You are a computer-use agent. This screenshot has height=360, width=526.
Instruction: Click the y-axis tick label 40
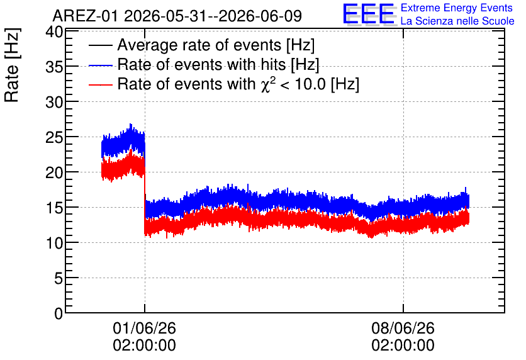(54, 33)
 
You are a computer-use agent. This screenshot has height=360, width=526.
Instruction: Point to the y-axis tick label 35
(54, 67)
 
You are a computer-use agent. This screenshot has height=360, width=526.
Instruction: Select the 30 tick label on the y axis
(54, 102)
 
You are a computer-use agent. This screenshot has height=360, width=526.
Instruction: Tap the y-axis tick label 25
(54, 137)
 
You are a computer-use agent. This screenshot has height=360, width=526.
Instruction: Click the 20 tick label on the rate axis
(54, 172)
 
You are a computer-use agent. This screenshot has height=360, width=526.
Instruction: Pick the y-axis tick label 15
(54, 208)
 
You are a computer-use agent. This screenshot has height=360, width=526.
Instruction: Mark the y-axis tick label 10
(54, 243)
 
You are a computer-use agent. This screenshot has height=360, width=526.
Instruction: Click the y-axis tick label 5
(59, 278)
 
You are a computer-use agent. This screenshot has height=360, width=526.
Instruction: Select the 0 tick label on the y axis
(59, 313)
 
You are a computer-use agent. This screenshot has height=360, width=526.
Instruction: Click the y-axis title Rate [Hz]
(13, 65)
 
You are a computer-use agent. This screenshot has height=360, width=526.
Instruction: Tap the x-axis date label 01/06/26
(144, 328)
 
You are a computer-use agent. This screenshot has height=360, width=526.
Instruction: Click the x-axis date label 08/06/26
(403, 328)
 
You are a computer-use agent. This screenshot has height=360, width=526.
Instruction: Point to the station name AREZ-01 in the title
(85, 16)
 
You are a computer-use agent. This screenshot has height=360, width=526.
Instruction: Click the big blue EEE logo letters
(368, 14)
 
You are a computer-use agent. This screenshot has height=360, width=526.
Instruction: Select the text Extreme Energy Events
(457, 8)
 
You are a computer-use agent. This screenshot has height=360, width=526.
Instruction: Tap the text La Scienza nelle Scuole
(457, 21)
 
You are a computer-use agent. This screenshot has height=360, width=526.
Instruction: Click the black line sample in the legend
(100, 45)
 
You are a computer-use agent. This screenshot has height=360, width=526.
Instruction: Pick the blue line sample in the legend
(100, 65)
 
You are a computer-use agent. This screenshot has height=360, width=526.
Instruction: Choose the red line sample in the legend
(100, 84)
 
